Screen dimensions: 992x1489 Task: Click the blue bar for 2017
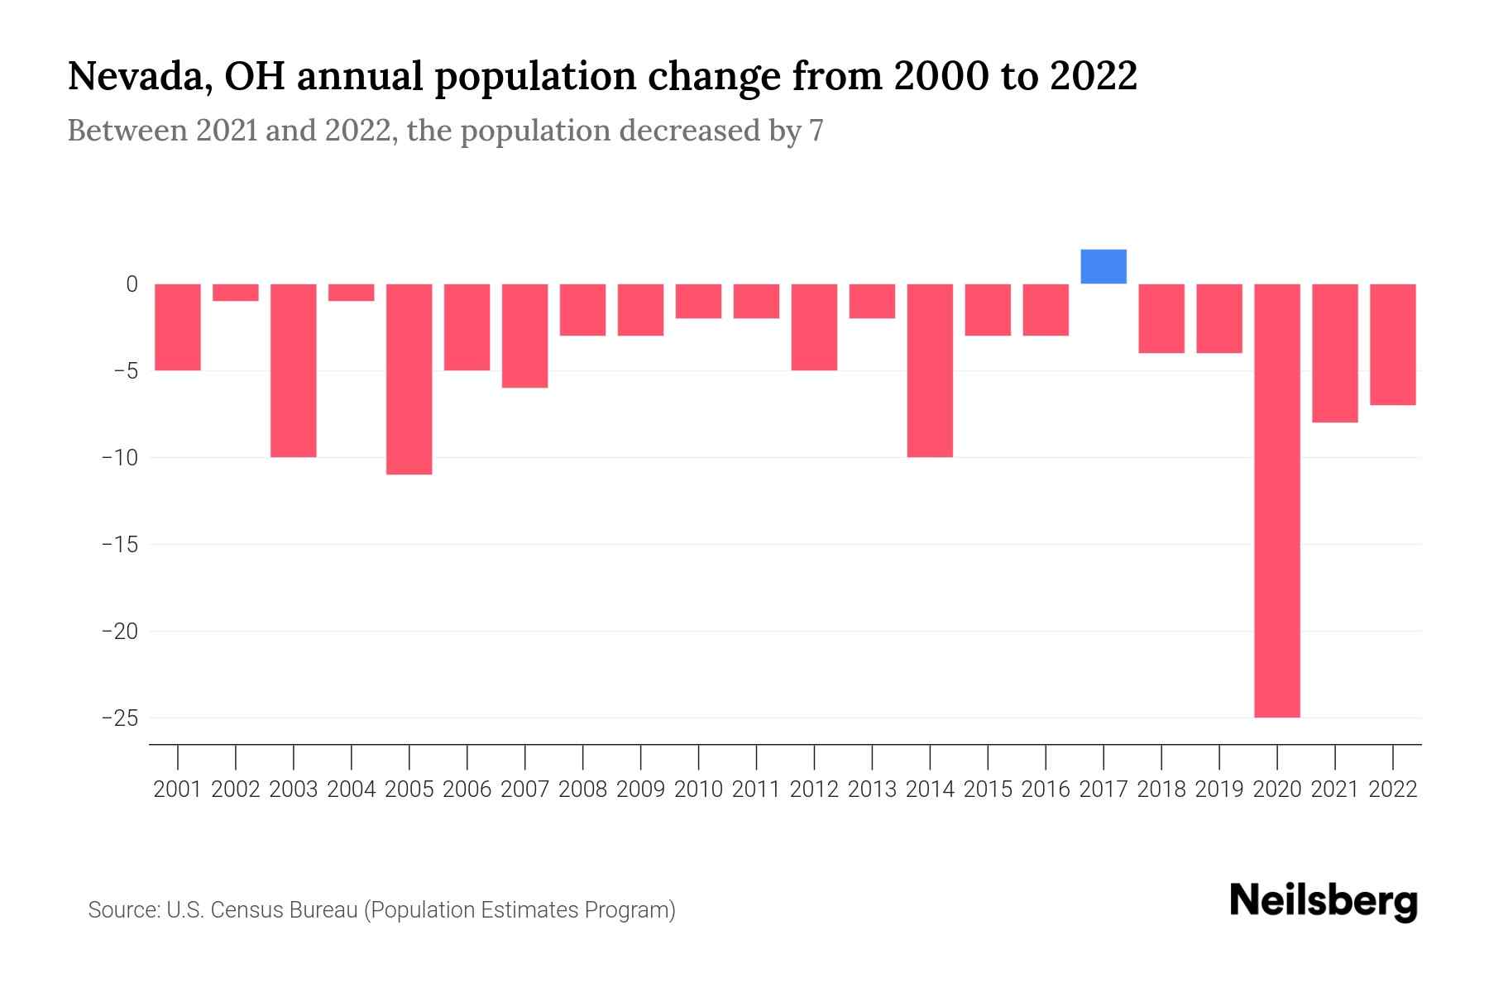1104,267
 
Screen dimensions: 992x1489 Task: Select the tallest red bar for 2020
1277,500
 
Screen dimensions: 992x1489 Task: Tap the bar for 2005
409,379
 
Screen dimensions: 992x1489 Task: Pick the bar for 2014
930,370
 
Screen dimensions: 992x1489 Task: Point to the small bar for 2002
236,293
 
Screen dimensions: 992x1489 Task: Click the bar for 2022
1393,344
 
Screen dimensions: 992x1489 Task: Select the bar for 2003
294,370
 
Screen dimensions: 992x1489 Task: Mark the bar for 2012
814,327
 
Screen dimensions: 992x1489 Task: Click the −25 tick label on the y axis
119,718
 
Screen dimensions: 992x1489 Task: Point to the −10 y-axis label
119,458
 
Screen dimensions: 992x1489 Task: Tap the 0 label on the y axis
132,284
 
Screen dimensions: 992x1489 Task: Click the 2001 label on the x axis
178,789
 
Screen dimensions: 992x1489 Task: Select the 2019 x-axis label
1219,789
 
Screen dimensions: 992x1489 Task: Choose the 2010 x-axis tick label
698,789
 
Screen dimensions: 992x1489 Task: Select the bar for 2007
525,336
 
